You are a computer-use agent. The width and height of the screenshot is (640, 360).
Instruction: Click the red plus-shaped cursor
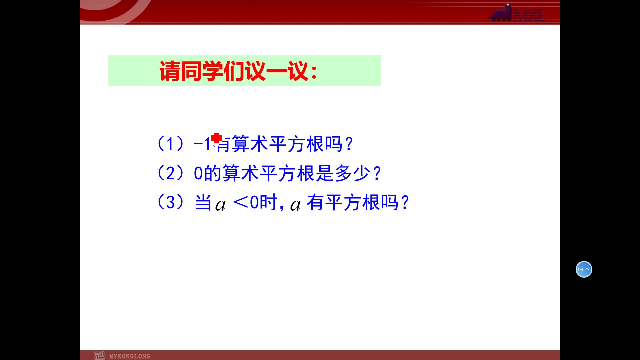click(x=217, y=138)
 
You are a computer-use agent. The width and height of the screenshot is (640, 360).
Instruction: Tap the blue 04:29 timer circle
click(x=584, y=269)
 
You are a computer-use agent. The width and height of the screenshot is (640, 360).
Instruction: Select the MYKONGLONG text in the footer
click(x=130, y=356)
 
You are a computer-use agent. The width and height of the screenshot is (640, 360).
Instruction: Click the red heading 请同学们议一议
click(x=233, y=71)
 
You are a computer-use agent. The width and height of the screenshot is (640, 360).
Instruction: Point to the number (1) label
click(x=170, y=144)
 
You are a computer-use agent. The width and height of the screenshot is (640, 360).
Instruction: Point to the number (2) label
click(x=170, y=173)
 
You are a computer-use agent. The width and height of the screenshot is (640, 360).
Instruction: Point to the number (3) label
click(x=170, y=202)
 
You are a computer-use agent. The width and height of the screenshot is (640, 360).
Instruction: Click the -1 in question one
click(x=202, y=144)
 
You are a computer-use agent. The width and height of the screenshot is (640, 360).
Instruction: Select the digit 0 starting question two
click(x=198, y=173)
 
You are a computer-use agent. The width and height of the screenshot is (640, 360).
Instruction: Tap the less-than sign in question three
click(x=240, y=202)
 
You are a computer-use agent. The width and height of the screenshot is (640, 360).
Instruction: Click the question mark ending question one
click(x=349, y=144)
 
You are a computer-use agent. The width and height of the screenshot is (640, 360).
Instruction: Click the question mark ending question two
click(x=377, y=173)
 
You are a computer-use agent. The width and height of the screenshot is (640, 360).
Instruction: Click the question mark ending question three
click(x=405, y=203)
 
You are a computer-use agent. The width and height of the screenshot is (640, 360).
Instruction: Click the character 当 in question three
click(x=203, y=202)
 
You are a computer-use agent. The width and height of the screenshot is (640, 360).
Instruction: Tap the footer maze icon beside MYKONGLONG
click(x=99, y=356)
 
